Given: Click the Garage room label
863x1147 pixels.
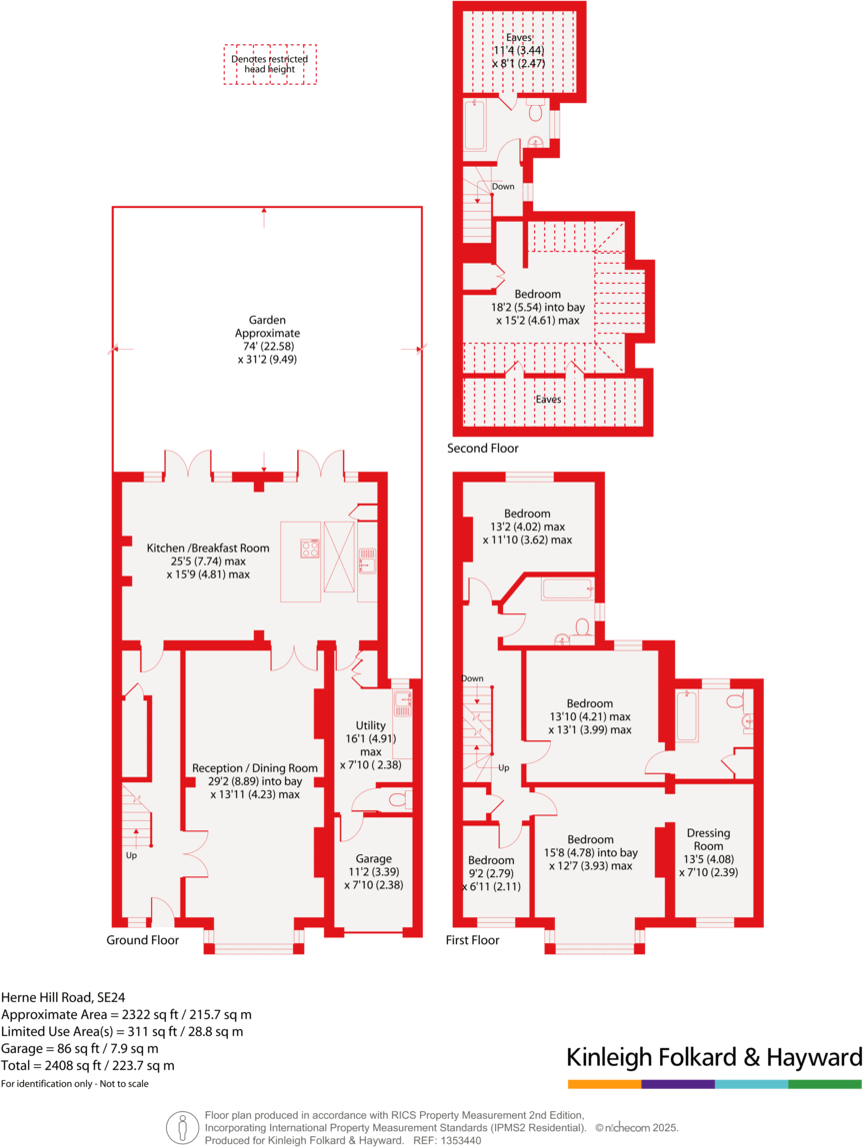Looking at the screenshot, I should pyautogui.click(x=373, y=859).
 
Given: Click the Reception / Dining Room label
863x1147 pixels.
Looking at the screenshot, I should pyautogui.click(x=254, y=768).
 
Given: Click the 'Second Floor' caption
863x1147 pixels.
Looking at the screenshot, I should pyautogui.click(x=483, y=449).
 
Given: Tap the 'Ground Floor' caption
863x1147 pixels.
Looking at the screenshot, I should pyautogui.click(x=143, y=940).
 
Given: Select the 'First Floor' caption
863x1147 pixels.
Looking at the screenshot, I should pyautogui.click(x=472, y=940).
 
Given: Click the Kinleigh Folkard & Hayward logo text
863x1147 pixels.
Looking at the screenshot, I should pyautogui.click(x=714, y=1058).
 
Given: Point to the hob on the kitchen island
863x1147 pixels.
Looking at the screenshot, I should pyautogui.click(x=310, y=548).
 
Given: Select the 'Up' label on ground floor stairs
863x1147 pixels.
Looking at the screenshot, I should pyautogui.click(x=131, y=855).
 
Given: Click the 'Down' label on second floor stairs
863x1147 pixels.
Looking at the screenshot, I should pyautogui.click(x=503, y=187).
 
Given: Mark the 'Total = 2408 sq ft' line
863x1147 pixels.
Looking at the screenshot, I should pyautogui.click(x=87, y=1065).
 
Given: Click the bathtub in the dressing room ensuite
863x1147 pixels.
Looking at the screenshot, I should pyautogui.click(x=688, y=717).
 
